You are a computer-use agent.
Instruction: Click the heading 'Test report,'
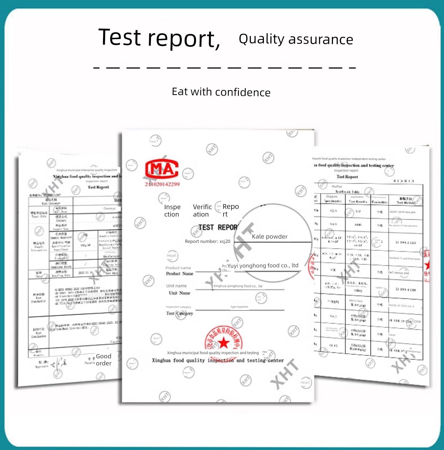tap(159, 38)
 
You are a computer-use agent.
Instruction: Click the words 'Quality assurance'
tap(296, 39)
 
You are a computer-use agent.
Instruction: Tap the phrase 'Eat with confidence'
tap(221, 92)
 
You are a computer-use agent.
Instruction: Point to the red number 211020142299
tap(162, 184)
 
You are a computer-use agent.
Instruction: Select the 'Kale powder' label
tap(269, 236)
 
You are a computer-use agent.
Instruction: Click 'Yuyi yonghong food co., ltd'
tap(263, 265)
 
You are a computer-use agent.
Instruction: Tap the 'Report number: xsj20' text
tap(207, 241)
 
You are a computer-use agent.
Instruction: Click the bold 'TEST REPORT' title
tap(218, 227)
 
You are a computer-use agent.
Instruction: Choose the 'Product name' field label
tap(178, 268)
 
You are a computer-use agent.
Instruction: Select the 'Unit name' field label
tap(176, 286)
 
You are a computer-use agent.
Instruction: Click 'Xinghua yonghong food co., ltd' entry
tap(238, 286)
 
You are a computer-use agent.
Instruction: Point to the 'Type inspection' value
tap(239, 307)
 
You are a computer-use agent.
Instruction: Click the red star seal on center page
tap(224, 342)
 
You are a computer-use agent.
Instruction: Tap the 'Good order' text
tap(104, 359)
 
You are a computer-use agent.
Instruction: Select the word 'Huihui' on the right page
tap(337, 186)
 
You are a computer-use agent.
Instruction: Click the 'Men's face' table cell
tap(356, 301)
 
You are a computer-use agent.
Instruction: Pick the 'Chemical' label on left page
tap(109, 209)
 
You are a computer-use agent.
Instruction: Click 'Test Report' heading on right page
tap(347, 177)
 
